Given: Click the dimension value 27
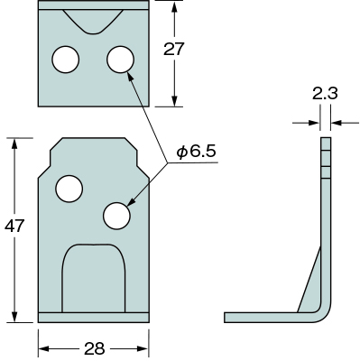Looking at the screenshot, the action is click(173, 49).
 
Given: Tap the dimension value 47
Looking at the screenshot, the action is click(14, 226).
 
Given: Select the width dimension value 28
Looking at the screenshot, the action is click(94, 348).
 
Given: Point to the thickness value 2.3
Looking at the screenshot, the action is click(325, 93).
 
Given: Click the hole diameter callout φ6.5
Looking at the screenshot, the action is click(196, 152).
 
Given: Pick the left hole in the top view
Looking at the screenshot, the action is click(66, 60).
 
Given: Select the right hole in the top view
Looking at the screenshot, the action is click(120, 60).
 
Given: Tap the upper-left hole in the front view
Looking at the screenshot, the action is click(69, 189).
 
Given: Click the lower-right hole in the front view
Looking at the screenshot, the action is click(116, 216).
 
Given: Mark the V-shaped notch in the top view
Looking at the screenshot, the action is click(93, 22).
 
